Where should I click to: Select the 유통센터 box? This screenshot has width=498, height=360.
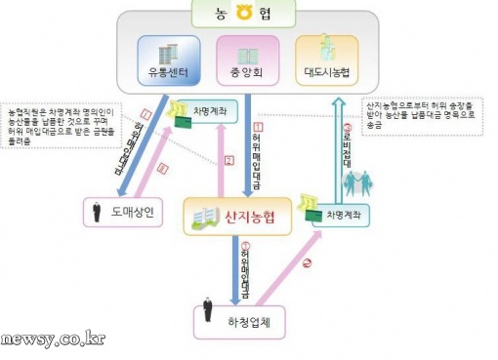(x=168, y=60)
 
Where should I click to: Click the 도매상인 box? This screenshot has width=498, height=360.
(x=129, y=211)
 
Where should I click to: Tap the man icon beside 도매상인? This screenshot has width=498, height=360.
(x=96, y=210)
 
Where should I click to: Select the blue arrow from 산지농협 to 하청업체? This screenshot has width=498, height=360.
(x=235, y=268)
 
